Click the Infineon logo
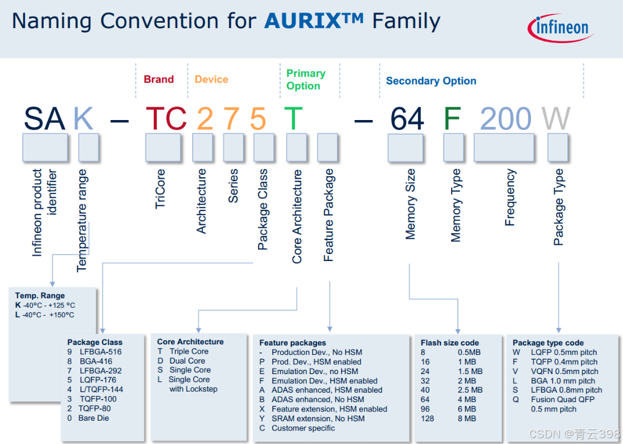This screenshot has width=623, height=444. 561,28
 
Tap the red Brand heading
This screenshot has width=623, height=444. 159,79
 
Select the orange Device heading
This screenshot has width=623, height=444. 211,79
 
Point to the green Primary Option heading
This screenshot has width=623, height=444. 305,79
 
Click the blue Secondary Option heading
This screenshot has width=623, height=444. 431,81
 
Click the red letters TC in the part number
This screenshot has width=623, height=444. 166,118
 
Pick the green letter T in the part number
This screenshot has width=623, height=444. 294,118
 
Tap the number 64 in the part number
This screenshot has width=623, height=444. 407,118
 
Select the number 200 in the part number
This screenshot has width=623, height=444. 505,118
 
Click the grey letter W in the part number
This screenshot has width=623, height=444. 556,118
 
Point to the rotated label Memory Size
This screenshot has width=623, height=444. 411,204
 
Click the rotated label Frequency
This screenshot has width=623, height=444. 511,198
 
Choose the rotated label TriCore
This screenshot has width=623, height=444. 161,189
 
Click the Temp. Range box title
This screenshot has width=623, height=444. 40,295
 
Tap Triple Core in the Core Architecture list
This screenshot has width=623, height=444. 188,351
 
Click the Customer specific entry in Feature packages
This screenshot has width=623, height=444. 303,428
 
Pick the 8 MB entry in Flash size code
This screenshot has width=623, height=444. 466,418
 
